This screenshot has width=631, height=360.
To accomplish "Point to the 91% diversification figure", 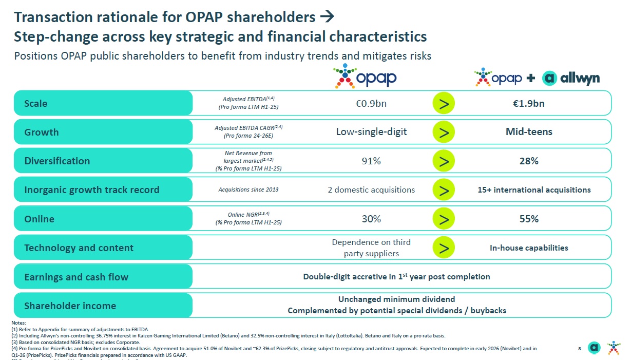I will pyautogui.click(x=371, y=161).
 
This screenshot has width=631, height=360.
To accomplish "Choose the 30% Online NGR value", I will pyautogui.click(x=371, y=219).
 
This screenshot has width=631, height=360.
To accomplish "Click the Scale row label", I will pyautogui.click(x=36, y=103).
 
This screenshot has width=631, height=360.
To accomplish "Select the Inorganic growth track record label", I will pyautogui.click(x=92, y=190).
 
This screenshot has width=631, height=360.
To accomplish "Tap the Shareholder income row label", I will pyautogui.click(x=70, y=306).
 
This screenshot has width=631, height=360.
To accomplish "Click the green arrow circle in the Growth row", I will pyautogui.click(x=444, y=132).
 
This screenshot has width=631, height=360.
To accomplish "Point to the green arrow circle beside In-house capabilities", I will pyautogui.click(x=444, y=248).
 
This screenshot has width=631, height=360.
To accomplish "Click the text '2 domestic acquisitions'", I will pyautogui.click(x=371, y=190).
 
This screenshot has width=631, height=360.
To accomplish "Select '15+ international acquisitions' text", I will pyautogui.click(x=534, y=190).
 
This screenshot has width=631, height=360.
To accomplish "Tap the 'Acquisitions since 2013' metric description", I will pyautogui.click(x=248, y=190).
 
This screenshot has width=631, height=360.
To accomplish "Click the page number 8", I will pyautogui.click(x=579, y=349).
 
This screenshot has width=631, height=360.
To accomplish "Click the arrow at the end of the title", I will pyautogui.click(x=327, y=17).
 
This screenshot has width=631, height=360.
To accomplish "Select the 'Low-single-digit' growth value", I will pyautogui.click(x=371, y=132).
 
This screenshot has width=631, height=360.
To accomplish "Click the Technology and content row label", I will pyautogui.click(x=79, y=248).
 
